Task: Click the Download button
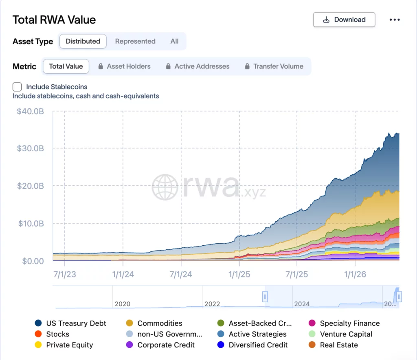pyautogui.click(x=344, y=20)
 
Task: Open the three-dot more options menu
pyautogui.click(x=395, y=20)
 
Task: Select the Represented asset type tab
pyautogui.click(x=135, y=41)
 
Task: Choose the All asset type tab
pyautogui.click(x=174, y=41)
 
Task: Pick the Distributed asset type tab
pyautogui.click(x=83, y=41)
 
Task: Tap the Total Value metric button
pyautogui.click(x=66, y=66)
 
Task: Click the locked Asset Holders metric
pyautogui.click(x=124, y=66)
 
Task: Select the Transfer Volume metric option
pyautogui.click(x=274, y=66)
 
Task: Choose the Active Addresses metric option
pyautogui.click(x=198, y=66)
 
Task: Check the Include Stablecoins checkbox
pyautogui.click(x=17, y=87)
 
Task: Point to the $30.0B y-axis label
pyautogui.click(x=30, y=148)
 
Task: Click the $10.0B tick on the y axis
pyautogui.click(x=31, y=223)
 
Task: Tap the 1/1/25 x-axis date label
pyautogui.click(x=239, y=274)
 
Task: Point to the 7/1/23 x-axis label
pyautogui.click(x=65, y=274)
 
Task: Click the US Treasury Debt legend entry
pyautogui.click(x=70, y=323)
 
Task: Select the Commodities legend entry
pyautogui.click(x=154, y=323)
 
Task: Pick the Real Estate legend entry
pyautogui.click(x=333, y=345)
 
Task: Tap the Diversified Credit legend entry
pyautogui.click(x=252, y=345)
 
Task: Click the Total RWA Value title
pyautogui.click(x=54, y=20)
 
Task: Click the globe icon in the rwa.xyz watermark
pyautogui.click(x=165, y=187)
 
